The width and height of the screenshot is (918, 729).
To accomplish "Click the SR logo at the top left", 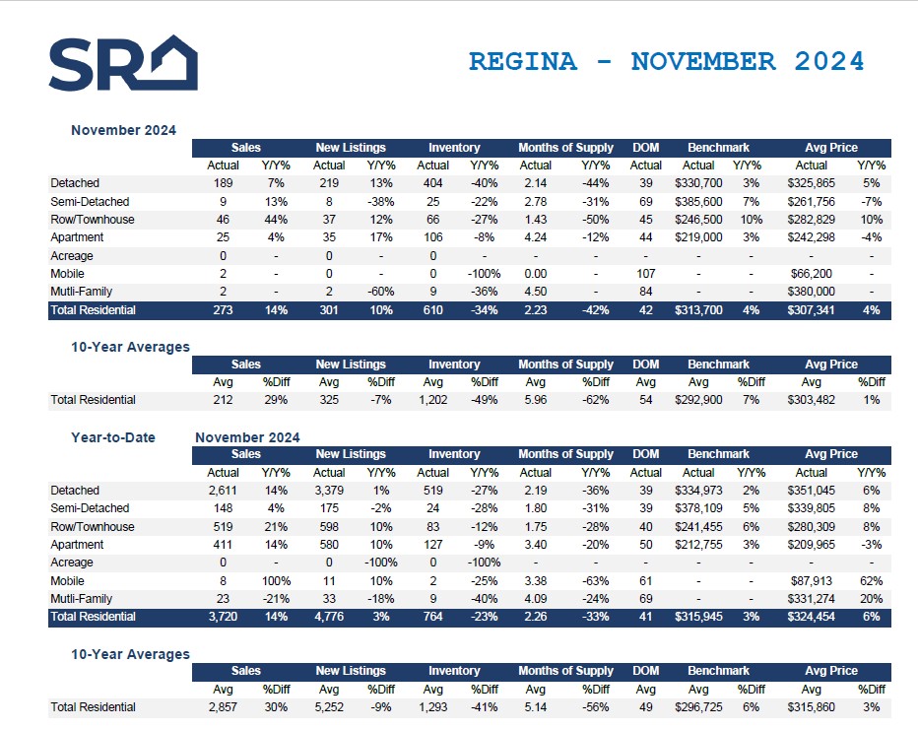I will (x=123, y=63).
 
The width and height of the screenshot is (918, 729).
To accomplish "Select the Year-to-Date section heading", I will (x=112, y=437).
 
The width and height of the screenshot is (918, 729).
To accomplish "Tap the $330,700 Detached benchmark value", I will (x=699, y=183).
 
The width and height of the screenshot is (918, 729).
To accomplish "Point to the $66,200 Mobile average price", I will (x=812, y=274).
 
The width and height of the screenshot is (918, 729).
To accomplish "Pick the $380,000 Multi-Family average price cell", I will (x=812, y=292).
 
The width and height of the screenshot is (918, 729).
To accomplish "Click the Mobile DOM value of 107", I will (x=646, y=274).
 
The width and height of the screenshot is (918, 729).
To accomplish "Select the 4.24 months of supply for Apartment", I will (x=536, y=237).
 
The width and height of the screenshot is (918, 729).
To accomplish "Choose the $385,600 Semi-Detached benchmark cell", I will (x=699, y=201).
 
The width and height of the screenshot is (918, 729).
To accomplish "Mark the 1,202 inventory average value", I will (x=433, y=400).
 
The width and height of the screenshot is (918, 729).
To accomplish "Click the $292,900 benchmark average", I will (x=699, y=400).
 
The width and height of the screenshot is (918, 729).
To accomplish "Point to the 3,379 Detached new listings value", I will (x=329, y=491).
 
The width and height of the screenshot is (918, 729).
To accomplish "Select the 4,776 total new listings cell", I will (x=329, y=617).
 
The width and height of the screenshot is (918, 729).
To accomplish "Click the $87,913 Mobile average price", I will (x=812, y=581).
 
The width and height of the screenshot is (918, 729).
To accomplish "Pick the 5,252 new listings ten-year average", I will (x=329, y=707).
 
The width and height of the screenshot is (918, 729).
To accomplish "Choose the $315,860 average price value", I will (x=812, y=707).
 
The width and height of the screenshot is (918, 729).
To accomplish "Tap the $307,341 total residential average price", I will (x=812, y=310).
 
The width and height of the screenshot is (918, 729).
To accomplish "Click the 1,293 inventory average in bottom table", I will (x=433, y=707).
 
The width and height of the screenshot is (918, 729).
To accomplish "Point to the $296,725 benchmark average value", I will (x=699, y=707).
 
